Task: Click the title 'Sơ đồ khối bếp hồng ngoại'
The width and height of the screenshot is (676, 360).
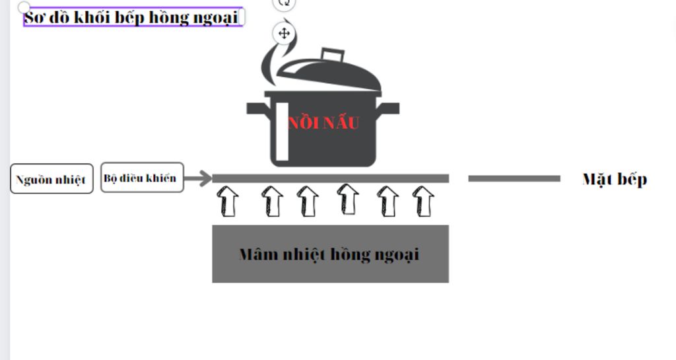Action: [x=132, y=18]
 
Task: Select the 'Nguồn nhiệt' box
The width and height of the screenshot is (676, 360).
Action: [x=51, y=179]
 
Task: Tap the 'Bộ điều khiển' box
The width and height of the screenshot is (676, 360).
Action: [x=141, y=178]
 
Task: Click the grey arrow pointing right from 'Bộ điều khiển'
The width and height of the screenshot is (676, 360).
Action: [x=198, y=178]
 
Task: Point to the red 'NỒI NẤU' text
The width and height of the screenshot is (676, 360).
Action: [x=323, y=123]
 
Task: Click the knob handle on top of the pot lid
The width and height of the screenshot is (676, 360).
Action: [x=333, y=54]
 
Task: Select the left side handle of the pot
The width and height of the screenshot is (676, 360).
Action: [x=257, y=108]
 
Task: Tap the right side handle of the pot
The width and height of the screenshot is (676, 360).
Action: [x=389, y=108]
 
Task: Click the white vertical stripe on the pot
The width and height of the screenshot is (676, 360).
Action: [x=282, y=131]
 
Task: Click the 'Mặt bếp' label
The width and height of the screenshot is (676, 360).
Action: [x=615, y=179]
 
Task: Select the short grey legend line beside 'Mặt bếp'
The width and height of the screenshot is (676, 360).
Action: [x=514, y=178]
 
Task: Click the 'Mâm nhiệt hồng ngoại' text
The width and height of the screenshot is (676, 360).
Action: [x=329, y=254]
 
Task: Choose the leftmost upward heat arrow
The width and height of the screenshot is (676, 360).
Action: [x=228, y=201]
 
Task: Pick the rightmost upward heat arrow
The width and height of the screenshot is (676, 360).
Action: [x=423, y=201]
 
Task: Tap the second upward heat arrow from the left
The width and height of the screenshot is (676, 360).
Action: [x=272, y=201]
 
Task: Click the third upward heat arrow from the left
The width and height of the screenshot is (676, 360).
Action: [x=308, y=201]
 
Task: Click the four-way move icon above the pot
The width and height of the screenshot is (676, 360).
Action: [x=284, y=33]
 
